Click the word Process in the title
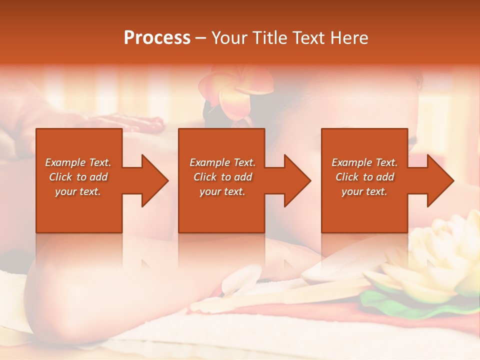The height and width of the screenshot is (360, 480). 157,38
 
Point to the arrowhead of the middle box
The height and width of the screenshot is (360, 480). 296,180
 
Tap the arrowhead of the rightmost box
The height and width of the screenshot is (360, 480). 439,180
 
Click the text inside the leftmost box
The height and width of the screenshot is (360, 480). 78,177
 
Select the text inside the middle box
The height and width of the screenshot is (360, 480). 222,177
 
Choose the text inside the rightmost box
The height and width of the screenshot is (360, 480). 364,177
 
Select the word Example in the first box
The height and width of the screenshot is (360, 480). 65,162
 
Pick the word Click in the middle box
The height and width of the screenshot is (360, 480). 204,177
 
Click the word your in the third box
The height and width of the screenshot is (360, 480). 352,191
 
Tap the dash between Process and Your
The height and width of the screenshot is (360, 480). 201,38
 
